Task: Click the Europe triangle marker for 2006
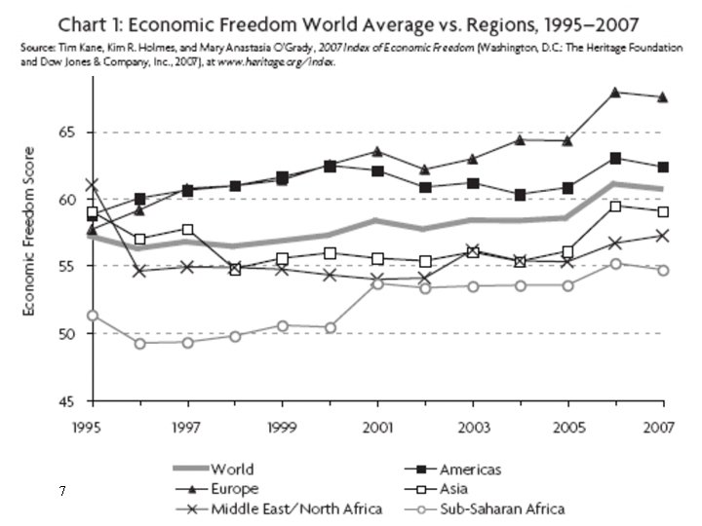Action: coord(615,93)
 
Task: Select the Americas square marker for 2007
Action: coord(663,168)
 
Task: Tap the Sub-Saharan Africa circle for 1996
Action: coord(140,344)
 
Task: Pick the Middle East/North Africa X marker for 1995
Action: coord(93,184)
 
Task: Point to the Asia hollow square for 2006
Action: coord(615,207)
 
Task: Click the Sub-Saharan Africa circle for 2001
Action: coord(378,283)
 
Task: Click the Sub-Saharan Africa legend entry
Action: coord(485,509)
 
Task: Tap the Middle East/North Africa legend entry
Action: coord(279,509)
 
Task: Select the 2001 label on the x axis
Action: coord(377,428)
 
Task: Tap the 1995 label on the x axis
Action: coord(87,428)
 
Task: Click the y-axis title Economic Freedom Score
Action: coord(28,231)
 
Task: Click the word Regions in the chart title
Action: coord(500,25)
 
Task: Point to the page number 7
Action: coord(61,491)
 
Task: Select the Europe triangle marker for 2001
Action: coord(378,152)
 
